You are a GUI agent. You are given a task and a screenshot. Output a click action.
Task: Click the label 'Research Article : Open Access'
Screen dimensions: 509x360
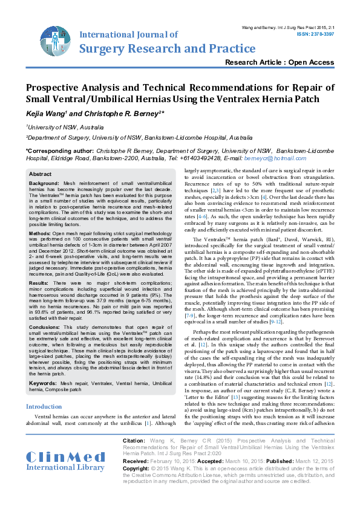[279, 62]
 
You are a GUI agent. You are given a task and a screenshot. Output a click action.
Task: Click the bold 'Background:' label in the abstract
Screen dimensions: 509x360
[44, 183]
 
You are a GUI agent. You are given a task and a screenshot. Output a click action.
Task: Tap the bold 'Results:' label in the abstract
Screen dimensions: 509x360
[40, 282]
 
